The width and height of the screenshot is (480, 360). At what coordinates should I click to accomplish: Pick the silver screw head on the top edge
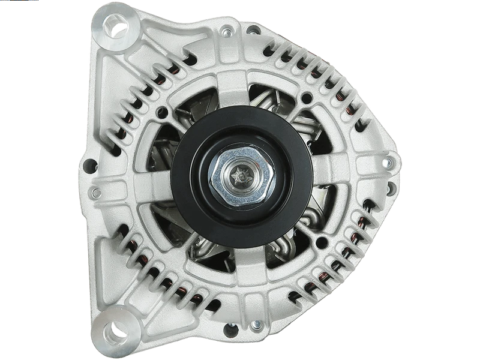[227, 32]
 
